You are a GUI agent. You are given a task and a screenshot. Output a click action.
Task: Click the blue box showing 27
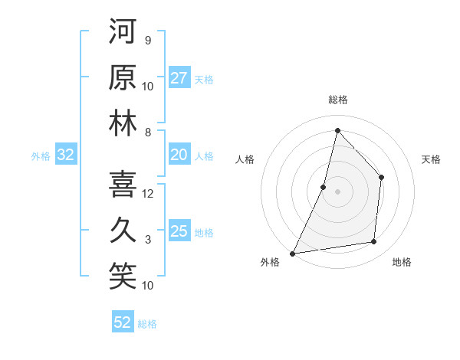(179, 78)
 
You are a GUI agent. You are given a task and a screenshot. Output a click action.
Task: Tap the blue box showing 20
(179, 155)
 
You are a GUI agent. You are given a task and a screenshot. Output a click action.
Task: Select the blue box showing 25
(179, 231)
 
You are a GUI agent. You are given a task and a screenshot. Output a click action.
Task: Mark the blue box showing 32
(66, 155)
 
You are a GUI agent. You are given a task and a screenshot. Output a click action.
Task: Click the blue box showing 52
(123, 322)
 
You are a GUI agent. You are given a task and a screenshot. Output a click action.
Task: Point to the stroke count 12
(148, 193)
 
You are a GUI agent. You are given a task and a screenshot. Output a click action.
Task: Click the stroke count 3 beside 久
(148, 240)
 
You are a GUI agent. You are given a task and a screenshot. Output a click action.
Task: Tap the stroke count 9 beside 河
(147, 40)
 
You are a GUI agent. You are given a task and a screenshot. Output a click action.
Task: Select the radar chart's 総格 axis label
(337, 100)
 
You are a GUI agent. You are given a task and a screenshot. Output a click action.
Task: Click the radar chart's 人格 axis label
(245, 159)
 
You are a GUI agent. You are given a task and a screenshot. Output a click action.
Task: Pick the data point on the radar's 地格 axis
(373, 242)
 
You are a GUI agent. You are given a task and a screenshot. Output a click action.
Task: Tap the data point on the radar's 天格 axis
(381, 178)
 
